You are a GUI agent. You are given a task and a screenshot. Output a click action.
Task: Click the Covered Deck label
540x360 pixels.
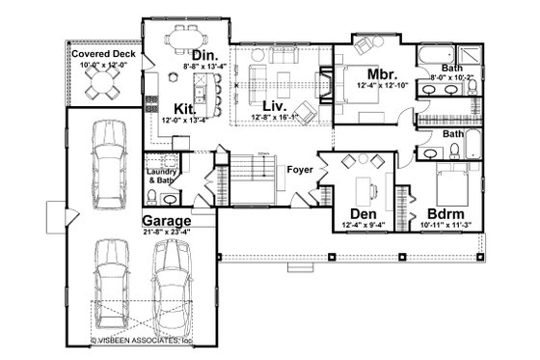pos(103,56)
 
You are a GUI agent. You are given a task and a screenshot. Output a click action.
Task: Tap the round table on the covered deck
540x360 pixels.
pos(101,87)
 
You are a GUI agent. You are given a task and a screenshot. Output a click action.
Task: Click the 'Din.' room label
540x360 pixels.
pos(204,55)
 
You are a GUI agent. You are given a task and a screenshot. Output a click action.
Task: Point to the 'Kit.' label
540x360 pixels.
pos(186,107)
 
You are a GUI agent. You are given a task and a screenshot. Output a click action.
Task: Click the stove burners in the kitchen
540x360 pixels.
pos(150,98)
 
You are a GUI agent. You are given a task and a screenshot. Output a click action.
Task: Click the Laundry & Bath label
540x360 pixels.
pos(161,176)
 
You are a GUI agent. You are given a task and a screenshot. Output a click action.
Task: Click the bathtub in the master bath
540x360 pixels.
pos(441,54)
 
